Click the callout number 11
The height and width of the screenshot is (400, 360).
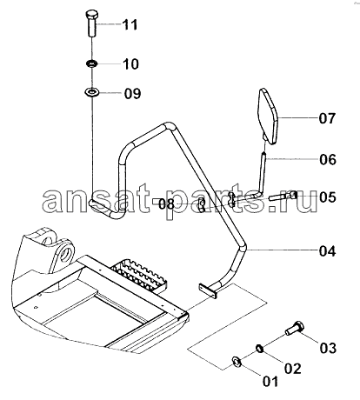coord(130,25)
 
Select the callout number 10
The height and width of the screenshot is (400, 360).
coord(131,63)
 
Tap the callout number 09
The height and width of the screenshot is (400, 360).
coord(132,93)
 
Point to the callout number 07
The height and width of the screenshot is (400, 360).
coord(327,118)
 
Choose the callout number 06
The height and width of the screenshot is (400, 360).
coord(328,159)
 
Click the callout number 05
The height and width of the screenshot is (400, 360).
coord(328,197)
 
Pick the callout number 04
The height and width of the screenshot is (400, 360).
coord(328,251)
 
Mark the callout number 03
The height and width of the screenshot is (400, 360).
coord(328,348)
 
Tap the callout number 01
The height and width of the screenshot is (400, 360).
coord(270,381)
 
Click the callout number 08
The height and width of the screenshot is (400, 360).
coord(167,204)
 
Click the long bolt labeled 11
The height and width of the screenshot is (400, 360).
coord(92,23)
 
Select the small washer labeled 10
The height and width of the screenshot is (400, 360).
coord(92,63)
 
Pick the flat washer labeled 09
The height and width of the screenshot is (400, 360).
coord(92,93)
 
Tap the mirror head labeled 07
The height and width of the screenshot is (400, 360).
coord(268,117)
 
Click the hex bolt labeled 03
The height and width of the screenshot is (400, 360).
coord(294,329)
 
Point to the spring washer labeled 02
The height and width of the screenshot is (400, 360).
coord(259,349)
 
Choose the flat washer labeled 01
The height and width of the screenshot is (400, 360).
coord(237,362)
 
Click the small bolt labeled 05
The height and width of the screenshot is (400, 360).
coord(283,197)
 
